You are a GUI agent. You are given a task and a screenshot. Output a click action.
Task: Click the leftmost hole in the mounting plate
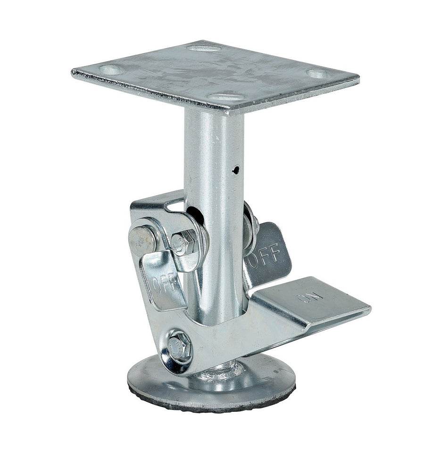point(112,70)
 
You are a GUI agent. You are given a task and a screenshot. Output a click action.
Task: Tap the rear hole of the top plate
point(203,48)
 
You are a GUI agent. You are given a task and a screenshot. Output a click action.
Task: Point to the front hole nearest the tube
point(227,97)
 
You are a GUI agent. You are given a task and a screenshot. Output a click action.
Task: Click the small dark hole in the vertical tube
point(236,170)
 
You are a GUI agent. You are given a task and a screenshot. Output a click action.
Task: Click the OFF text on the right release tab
point(267,257)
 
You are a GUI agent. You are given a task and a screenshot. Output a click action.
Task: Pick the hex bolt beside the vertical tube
point(181,243)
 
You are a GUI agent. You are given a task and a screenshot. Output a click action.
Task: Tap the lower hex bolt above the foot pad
point(179,347)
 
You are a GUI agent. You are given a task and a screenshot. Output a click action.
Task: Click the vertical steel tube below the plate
point(215,156)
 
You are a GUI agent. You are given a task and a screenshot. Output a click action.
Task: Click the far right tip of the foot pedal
point(369,308)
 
